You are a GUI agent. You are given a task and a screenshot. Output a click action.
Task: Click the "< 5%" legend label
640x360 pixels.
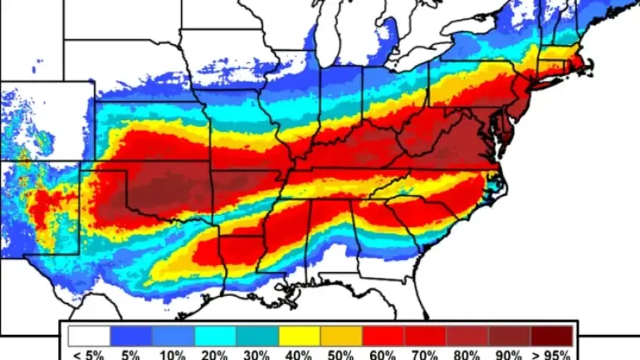89,354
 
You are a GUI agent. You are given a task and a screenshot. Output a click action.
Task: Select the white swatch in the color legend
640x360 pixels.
89,336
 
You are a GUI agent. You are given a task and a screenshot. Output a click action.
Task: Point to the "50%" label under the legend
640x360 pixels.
341,354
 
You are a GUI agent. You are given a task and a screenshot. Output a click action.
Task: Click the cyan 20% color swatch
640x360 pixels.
215,336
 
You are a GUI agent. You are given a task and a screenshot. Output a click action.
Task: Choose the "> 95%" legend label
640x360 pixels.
552,354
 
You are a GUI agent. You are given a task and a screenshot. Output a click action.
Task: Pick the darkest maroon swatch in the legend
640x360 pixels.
552,336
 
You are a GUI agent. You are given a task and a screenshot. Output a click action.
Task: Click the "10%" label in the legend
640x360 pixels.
172,354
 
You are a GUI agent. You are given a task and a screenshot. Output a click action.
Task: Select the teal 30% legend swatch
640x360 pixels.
257,336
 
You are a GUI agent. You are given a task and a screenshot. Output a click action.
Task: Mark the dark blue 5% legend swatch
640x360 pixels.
131,336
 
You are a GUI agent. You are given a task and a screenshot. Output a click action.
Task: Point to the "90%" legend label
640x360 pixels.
509,354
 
